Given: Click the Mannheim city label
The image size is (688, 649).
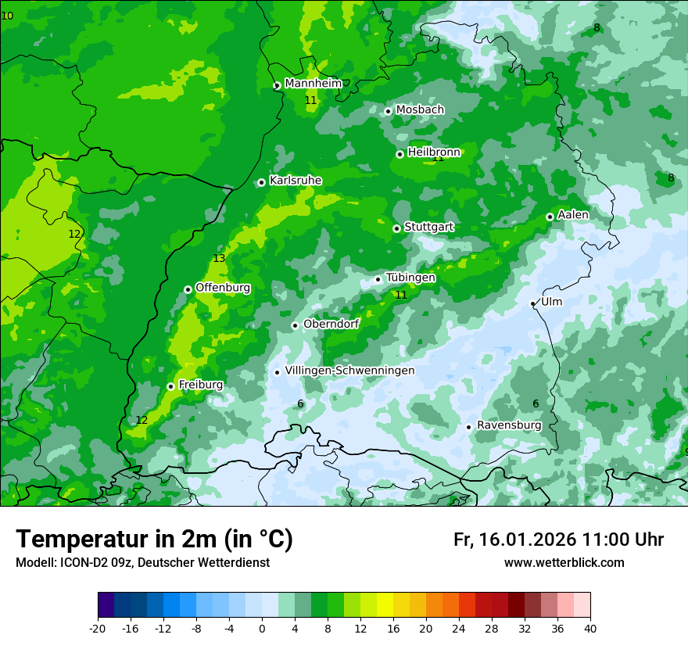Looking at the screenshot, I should (x=313, y=84).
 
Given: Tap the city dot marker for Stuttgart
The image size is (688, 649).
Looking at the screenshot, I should (x=396, y=228).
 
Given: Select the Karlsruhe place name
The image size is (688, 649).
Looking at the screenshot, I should (x=295, y=181).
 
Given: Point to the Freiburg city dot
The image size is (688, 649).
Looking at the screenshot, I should (x=170, y=386).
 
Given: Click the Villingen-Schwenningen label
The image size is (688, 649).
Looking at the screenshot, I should (x=349, y=371).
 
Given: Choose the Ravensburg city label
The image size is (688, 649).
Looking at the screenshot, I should (x=508, y=425).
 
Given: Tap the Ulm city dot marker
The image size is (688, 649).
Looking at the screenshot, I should (x=532, y=303).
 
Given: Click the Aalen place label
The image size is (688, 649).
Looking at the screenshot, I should (x=573, y=215).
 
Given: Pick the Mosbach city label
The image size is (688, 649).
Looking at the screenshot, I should (x=419, y=110).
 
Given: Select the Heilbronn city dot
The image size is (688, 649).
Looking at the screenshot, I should (x=400, y=154).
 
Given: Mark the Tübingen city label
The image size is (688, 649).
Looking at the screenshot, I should (x=410, y=278).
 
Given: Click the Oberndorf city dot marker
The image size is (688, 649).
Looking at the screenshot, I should (x=295, y=325).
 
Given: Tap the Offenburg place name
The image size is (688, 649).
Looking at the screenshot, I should (x=222, y=288).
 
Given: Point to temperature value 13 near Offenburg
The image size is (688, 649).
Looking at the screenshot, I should (x=219, y=259).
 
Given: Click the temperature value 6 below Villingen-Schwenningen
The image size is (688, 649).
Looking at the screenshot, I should (x=300, y=403).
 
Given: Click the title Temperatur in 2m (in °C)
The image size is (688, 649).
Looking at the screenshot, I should (x=154, y=540).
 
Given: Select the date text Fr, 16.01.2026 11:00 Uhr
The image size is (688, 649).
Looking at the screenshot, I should (x=558, y=540).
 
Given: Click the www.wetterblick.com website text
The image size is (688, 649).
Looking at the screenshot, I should (x=564, y=563).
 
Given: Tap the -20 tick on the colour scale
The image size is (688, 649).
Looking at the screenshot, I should (x=98, y=629).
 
